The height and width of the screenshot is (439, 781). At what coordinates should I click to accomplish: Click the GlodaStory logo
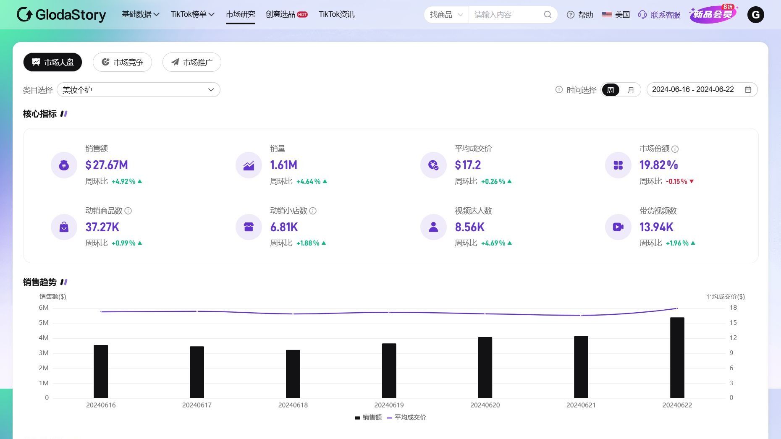pyautogui.click(x=61, y=15)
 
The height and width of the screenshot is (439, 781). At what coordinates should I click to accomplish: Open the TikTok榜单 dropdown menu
pyautogui.click(x=192, y=14)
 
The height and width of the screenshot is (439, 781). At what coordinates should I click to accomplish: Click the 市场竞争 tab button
pyautogui.click(x=122, y=62)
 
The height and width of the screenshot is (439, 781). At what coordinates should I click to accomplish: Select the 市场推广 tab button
pyautogui.click(x=192, y=62)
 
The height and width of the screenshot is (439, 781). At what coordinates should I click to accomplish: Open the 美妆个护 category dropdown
pyautogui.click(x=138, y=90)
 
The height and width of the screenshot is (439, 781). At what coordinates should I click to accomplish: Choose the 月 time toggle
pyautogui.click(x=630, y=90)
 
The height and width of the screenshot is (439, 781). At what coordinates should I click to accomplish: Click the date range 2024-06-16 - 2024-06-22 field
pyautogui.click(x=701, y=90)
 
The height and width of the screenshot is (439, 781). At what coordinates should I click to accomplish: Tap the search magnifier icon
pyautogui.click(x=548, y=15)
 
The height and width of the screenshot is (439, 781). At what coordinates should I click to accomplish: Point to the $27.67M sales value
pyautogui.click(x=107, y=165)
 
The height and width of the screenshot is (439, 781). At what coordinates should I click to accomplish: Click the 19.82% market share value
pyautogui.click(x=658, y=165)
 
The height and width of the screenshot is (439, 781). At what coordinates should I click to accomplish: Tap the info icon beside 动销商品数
pyautogui.click(x=128, y=211)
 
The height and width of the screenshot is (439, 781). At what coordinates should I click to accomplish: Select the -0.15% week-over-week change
pyautogui.click(x=676, y=181)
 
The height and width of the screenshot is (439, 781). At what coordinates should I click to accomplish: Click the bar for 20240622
pyautogui.click(x=677, y=358)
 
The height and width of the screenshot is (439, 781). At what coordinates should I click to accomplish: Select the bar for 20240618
pyautogui.click(x=293, y=374)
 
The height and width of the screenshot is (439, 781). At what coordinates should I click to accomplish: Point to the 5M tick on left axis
pyautogui.click(x=44, y=323)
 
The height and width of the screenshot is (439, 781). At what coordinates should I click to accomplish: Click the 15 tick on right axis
pyautogui.click(x=733, y=323)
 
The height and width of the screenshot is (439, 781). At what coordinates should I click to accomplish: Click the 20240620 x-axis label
pyautogui.click(x=485, y=405)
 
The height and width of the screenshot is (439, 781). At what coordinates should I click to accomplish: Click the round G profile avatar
pyautogui.click(x=755, y=15)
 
